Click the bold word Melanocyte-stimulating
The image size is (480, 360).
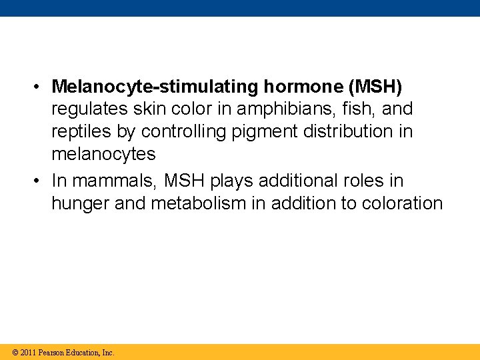coord(156,87)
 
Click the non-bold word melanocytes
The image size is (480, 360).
coord(103,155)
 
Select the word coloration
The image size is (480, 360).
coord(402,203)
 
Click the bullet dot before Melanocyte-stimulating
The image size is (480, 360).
coord(41,87)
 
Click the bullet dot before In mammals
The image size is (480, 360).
coord(41,181)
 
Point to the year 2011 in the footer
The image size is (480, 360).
coord(28,352)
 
